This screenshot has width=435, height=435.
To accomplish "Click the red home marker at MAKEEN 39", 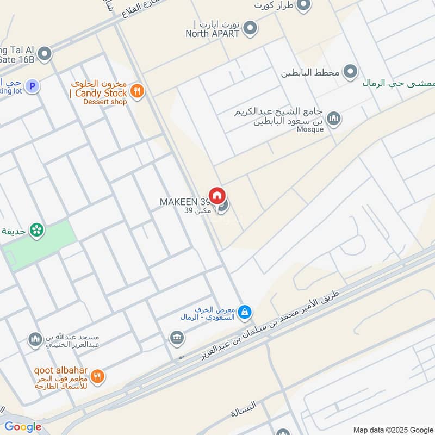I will coord(217,195).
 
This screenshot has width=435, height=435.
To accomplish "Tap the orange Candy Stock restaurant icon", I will coord(137,91).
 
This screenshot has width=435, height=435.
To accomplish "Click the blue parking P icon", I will coord(33,86).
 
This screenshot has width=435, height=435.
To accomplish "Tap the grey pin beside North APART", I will coord(250,28).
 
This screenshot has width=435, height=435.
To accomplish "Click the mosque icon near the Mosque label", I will coord(333,119).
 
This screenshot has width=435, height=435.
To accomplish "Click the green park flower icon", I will coord(36,231).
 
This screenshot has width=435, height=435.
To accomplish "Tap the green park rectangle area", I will coord(38,247).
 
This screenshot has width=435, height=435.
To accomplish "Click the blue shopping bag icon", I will coord(245,311).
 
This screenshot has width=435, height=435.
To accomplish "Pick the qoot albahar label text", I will coord(60,370).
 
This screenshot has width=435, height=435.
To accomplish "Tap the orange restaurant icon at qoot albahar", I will coord(97,376).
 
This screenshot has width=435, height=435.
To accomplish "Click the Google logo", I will coord(23,427).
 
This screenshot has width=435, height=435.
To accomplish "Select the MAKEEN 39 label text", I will coord(185,202).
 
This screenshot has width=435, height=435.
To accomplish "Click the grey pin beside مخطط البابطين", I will coord(351,72).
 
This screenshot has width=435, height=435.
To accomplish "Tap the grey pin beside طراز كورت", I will coord(303,5).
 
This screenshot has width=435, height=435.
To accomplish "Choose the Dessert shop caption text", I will coord(105,102).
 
